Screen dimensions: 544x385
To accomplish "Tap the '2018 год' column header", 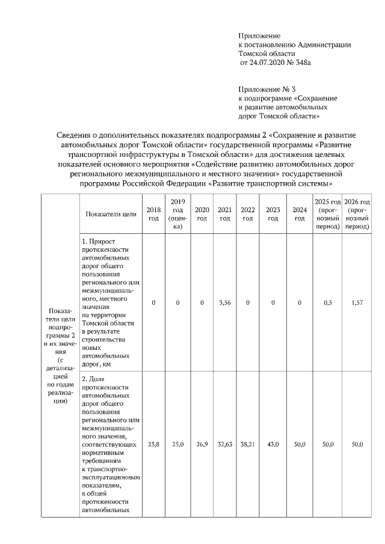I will [x=153, y=213].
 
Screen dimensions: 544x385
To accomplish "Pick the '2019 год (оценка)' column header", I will [x=177, y=213].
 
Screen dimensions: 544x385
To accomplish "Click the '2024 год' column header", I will [x=300, y=213].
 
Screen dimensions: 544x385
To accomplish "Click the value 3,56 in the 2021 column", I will [x=225, y=303].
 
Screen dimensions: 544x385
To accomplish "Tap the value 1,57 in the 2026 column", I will [x=357, y=303].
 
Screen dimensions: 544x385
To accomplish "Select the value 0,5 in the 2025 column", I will [x=328, y=303].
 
